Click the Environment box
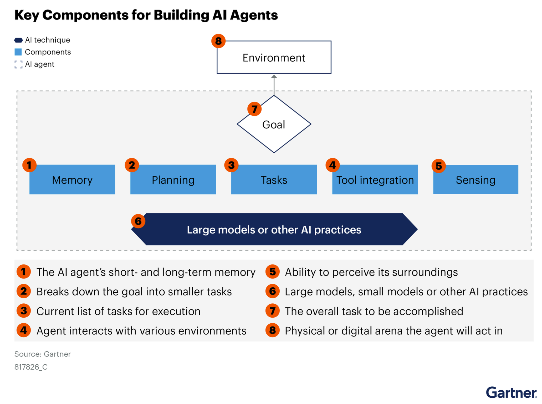click(274, 57)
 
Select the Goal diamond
click(274, 124)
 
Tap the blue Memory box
click(72, 180)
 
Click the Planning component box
click(173, 180)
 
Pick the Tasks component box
click(274, 180)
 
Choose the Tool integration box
click(375, 180)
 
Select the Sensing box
click(475, 180)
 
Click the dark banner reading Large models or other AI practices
click(274, 229)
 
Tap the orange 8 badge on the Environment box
click(218, 41)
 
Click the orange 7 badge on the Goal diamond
click(254, 109)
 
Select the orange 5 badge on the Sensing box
click(438, 166)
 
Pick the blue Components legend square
click(18, 52)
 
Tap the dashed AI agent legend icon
click(18, 64)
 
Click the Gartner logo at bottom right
click(511, 393)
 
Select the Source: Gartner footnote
click(42, 354)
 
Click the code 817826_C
click(31, 367)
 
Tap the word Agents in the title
click(254, 15)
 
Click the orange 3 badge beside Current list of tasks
click(24, 311)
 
